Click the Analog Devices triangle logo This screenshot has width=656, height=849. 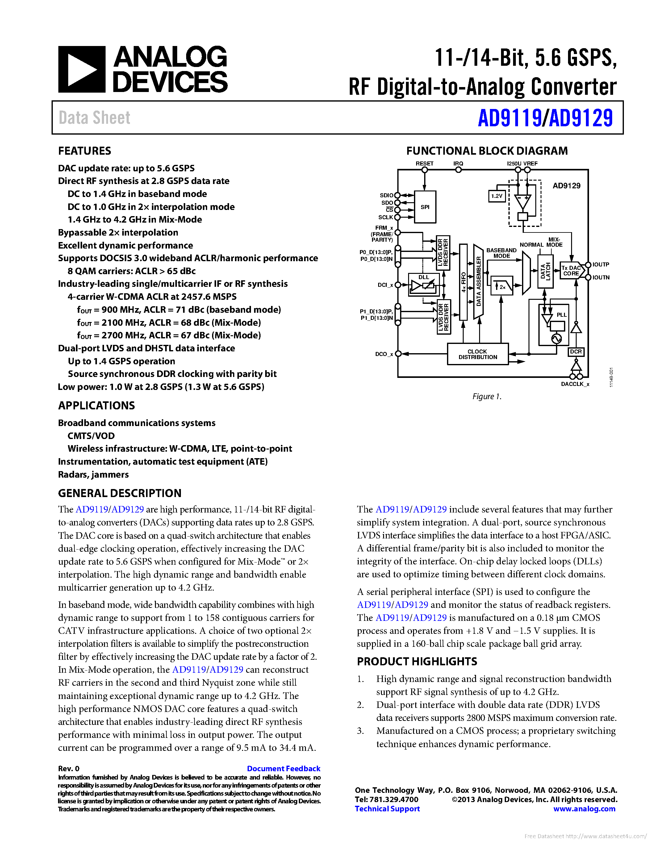click(81, 69)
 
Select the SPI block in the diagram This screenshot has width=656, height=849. click(425, 207)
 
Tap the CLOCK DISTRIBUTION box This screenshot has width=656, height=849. click(478, 354)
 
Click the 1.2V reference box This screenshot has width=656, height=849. click(497, 196)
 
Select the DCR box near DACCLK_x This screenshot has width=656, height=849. click(575, 351)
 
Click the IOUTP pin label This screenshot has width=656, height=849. click(600, 265)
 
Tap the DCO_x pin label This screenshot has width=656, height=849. click(384, 354)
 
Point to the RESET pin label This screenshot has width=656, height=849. click(424, 164)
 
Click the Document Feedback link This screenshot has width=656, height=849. click(283, 768)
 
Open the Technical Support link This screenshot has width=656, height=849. click(387, 809)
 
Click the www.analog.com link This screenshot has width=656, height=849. click(584, 809)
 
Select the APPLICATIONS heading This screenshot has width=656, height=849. click(96, 405)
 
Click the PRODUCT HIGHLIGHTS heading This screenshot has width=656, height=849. click(417, 661)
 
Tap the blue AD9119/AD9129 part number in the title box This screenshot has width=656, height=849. click(545, 118)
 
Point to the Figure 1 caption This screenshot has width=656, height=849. click(487, 396)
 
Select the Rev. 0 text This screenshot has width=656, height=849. click(69, 768)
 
